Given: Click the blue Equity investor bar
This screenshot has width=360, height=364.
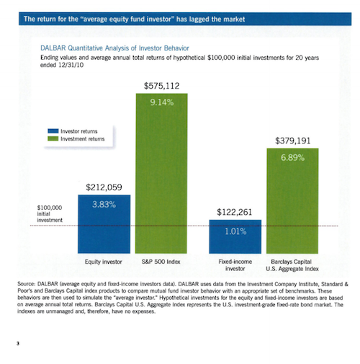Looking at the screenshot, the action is (104, 224).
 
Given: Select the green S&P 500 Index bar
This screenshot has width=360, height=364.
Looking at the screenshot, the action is (161, 174).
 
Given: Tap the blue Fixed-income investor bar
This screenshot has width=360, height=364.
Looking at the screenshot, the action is (235, 236).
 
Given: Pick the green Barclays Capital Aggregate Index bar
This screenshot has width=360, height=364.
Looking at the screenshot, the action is (292, 201).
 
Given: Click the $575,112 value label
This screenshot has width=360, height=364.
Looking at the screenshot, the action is (161, 86).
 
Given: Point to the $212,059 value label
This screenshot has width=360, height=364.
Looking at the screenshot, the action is (104, 187).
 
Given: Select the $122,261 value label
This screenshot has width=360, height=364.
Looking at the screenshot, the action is (235, 212).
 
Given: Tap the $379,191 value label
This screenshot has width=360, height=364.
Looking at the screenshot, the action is (293, 141).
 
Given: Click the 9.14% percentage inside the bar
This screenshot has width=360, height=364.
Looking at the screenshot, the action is (162, 102).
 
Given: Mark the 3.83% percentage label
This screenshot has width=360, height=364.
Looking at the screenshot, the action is (104, 205).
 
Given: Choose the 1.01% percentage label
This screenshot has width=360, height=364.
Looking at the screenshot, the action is (235, 231).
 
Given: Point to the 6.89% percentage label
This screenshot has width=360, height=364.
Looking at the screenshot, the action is (293, 158).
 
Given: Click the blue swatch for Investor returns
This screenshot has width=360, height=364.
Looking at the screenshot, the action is (53, 131).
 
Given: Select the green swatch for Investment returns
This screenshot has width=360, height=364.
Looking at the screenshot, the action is (53, 138).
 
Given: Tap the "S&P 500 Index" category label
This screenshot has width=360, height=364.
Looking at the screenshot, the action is (161, 262).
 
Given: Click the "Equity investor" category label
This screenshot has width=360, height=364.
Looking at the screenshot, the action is (104, 262).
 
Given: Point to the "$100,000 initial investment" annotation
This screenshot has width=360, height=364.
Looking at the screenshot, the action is (50, 213).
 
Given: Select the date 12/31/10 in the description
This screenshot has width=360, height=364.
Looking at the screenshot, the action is (71, 65).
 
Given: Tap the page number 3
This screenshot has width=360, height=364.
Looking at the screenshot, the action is (18, 344).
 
